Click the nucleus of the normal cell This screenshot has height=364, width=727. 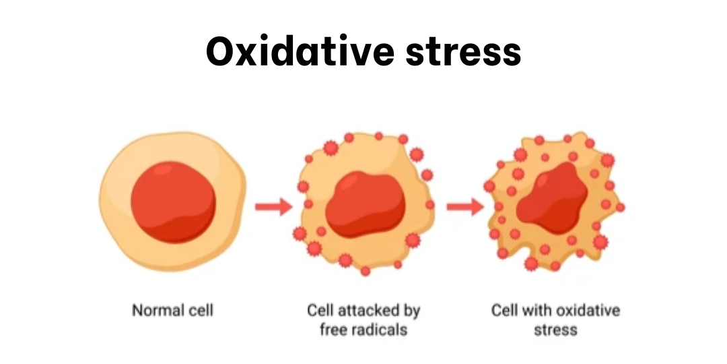173,201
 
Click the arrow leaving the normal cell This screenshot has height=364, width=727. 273,206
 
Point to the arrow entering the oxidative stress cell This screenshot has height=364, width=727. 464,206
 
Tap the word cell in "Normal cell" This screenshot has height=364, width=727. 200,311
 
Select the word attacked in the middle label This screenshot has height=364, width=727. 370,311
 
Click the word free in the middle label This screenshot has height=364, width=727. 332,330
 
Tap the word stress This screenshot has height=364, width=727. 555,330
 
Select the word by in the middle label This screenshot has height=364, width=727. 412,311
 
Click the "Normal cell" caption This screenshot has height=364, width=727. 173,311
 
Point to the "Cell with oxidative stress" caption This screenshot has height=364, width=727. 555,320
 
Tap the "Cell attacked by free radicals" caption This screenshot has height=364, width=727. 363,320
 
